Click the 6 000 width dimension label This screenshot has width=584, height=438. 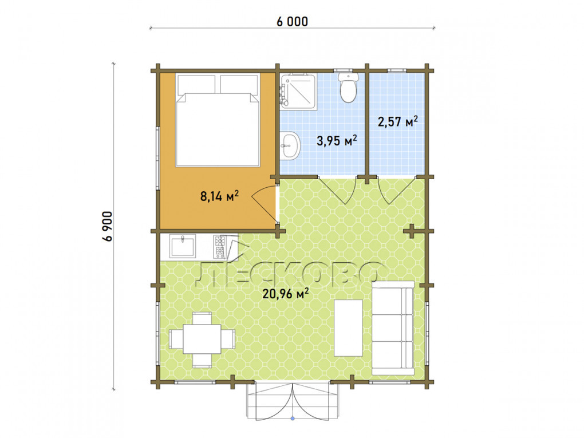(x=293, y=22)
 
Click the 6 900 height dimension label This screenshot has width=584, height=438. (x=107, y=227)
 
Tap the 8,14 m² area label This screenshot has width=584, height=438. (x=220, y=196)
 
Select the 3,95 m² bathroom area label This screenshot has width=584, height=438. (x=337, y=140)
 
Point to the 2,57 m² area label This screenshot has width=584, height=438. (x=398, y=121)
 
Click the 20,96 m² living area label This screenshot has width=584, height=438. (x=286, y=294)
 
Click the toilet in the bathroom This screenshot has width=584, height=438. (x=348, y=87)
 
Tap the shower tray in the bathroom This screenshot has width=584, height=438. (x=298, y=91)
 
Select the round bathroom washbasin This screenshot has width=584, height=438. (x=290, y=145)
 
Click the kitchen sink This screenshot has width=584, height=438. (x=183, y=246)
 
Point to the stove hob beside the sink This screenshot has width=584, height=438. (x=220, y=247)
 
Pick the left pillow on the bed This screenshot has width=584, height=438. (x=196, y=84)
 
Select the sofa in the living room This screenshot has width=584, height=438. (x=393, y=328)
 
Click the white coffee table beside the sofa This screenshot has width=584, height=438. (x=349, y=328)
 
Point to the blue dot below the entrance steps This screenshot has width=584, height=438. (x=293, y=419)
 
